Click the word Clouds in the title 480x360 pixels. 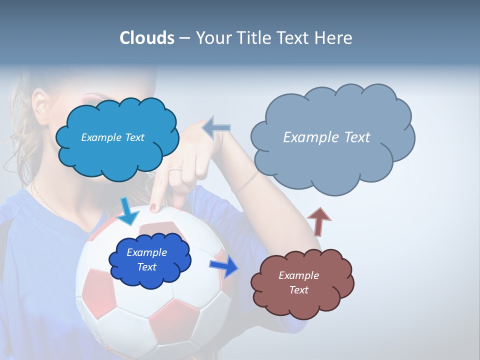click(x=146, y=38)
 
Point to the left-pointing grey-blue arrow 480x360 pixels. click(x=216, y=128)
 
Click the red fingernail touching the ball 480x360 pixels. click(x=153, y=206)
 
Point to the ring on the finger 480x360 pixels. click(x=175, y=170)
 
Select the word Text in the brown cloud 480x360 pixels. click(x=298, y=290)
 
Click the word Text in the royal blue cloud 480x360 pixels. click(x=146, y=267)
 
